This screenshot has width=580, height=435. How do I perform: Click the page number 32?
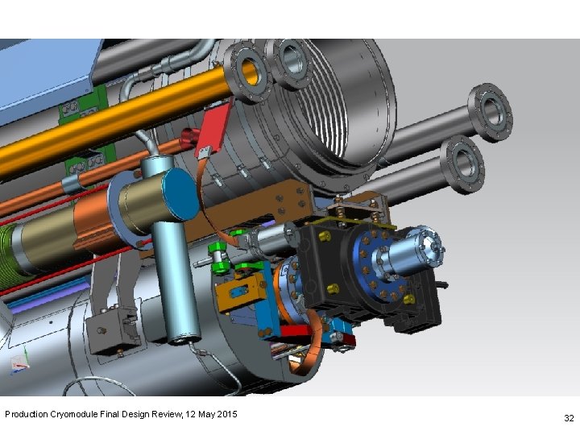click(x=569, y=418)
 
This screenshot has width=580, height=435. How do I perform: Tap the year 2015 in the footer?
click(x=226, y=414)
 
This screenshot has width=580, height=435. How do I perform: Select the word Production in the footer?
click(x=27, y=414)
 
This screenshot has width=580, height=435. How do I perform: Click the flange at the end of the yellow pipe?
click(x=247, y=72)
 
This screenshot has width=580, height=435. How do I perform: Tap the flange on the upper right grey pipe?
click(x=491, y=112)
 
